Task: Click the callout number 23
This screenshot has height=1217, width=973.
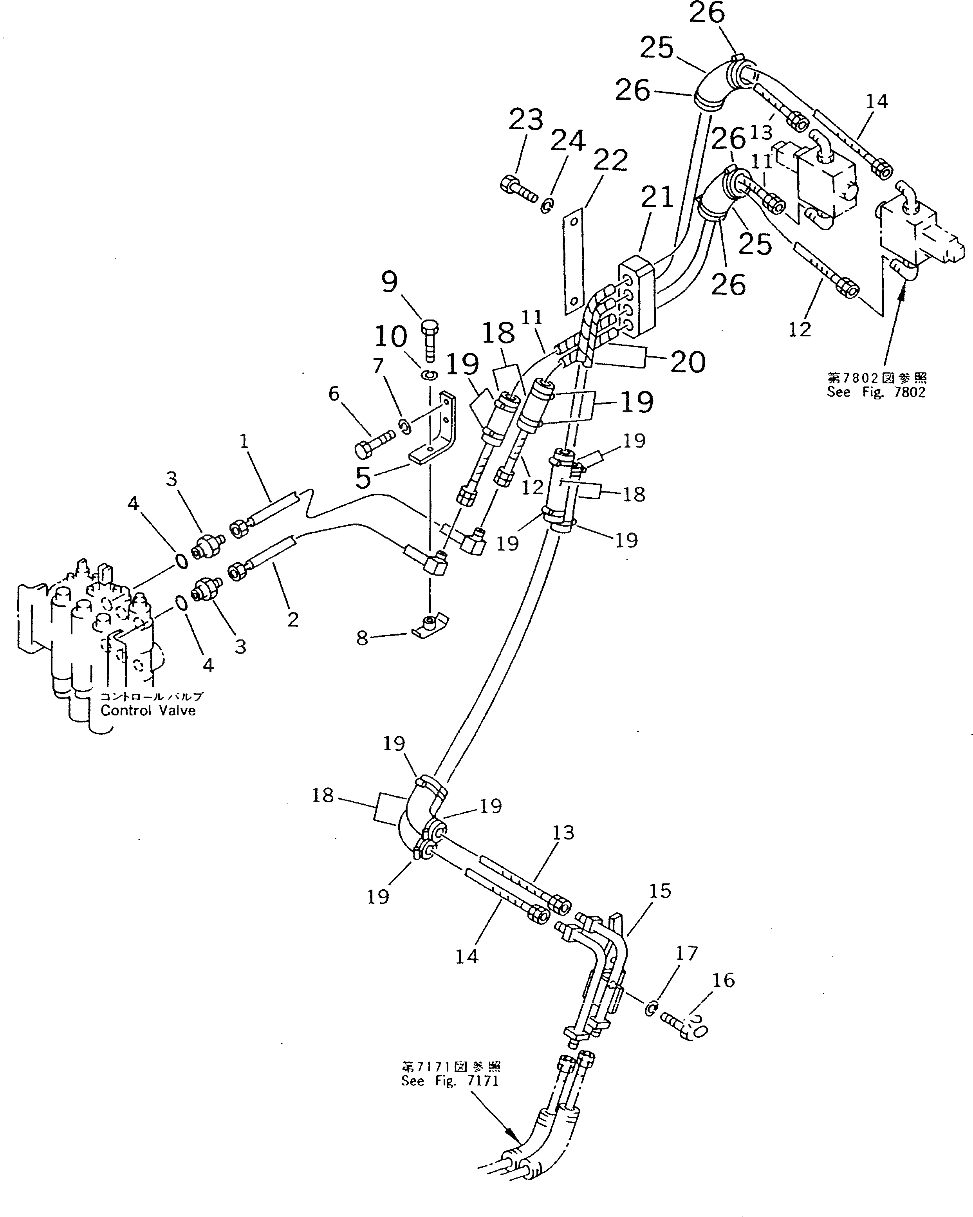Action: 526,120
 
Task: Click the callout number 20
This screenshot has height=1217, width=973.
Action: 688,361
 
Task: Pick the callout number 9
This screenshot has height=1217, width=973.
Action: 390,281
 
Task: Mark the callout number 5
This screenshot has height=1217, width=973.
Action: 363,478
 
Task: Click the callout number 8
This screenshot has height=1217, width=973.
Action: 362,638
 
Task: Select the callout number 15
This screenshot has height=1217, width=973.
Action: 660,891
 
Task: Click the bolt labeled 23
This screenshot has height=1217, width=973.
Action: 518,190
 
